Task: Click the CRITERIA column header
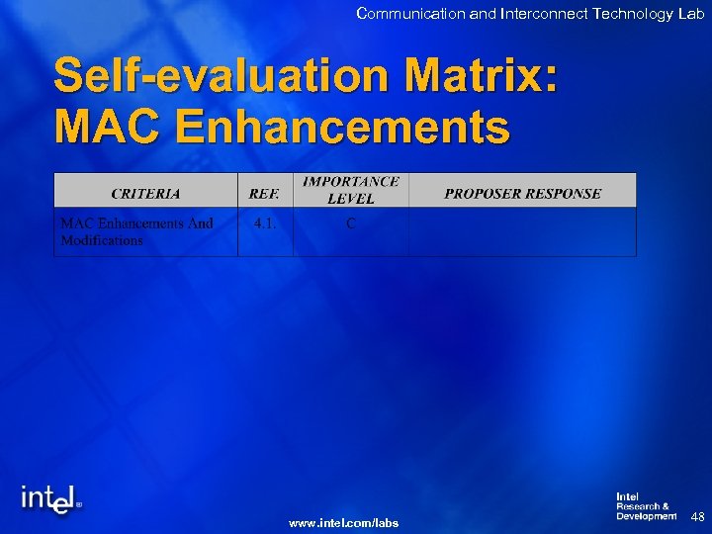145,193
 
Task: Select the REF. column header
265,193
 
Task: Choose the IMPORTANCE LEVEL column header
351,190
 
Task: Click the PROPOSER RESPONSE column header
522,193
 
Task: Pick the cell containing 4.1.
265,223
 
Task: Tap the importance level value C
351,223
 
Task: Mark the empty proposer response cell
522,232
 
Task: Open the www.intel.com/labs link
343,522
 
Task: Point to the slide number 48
697,516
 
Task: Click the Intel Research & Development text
646,506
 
